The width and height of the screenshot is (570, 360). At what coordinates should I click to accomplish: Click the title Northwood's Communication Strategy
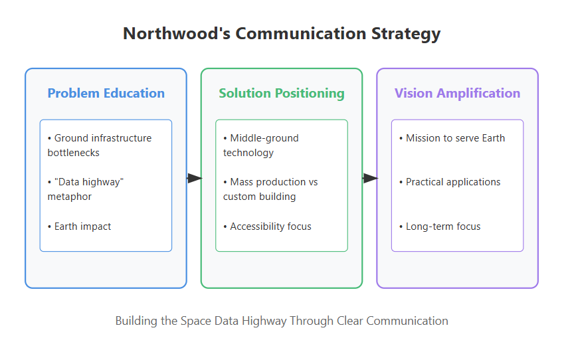282,34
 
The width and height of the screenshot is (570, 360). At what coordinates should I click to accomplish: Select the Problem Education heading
106,93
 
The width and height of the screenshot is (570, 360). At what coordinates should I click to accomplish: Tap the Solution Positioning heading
282,93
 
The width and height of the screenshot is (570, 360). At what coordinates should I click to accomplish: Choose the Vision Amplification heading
457,93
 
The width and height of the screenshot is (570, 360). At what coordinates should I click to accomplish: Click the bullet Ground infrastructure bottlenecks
100,145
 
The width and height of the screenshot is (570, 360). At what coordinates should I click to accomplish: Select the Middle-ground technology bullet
261,145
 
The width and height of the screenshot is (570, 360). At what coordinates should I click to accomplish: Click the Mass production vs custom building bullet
270,189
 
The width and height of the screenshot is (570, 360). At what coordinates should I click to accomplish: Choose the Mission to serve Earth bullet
455,138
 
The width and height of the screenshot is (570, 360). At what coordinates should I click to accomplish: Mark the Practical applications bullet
453,182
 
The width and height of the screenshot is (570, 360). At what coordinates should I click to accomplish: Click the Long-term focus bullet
443,226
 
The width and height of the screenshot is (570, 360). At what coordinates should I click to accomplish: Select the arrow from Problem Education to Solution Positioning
195,178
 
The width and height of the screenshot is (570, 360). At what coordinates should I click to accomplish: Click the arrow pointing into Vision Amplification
370,178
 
